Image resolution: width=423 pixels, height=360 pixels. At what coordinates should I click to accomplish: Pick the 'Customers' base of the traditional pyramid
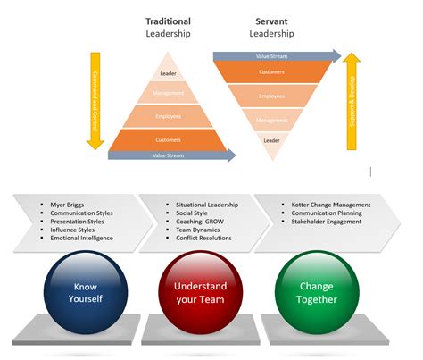168,139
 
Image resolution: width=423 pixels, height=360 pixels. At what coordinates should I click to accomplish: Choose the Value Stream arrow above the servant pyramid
277,55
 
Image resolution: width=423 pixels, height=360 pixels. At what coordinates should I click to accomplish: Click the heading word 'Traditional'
168,20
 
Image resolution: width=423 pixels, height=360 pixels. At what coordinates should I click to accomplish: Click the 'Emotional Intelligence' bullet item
81,239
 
